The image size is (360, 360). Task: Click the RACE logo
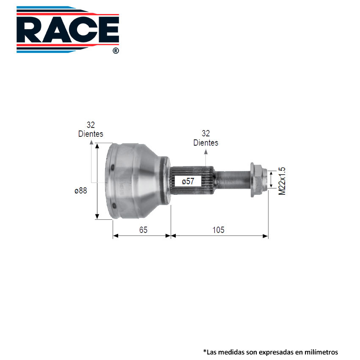click(x=68, y=29)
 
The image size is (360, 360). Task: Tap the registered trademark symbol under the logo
click(x=116, y=51)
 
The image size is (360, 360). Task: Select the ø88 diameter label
click(x=81, y=191)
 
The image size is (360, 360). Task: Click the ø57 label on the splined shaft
click(x=188, y=181)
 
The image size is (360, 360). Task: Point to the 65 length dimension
click(x=143, y=230)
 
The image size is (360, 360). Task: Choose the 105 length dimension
click(x=219, y=230)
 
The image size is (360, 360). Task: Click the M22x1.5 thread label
click(x=282, y=181)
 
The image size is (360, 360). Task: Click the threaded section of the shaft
click(x=233, y=180)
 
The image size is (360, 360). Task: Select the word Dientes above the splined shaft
click(x=206, y=143)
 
